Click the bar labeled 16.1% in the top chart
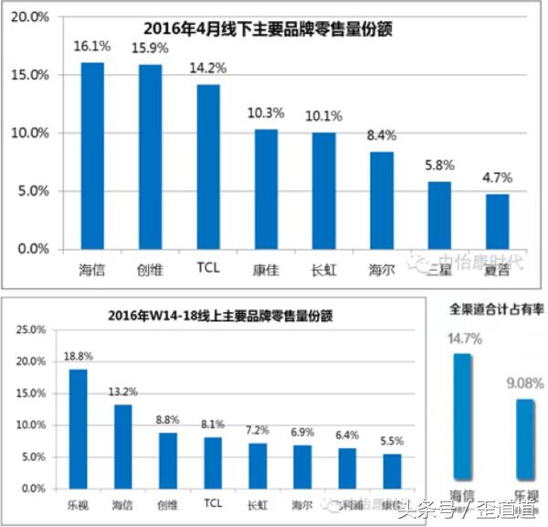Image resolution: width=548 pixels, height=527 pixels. coord(92,156)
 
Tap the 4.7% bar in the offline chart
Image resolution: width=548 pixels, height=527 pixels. coord(498,221)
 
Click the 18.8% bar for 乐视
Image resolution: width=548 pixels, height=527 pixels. coord(79,429)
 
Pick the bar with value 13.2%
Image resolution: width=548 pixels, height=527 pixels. coord(123,446)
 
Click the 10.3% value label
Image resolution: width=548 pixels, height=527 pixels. coord(266,113)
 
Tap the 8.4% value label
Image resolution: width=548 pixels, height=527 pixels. coord(382,135)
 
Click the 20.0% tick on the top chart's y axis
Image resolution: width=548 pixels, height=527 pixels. coord(32,17)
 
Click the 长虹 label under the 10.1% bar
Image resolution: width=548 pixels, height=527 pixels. coord(323,270)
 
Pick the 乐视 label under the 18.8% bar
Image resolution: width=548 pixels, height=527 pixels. coord(79,504)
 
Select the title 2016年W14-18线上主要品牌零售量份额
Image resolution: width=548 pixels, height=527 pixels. coord(205,316)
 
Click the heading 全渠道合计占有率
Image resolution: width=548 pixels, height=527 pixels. coord(498,310)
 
